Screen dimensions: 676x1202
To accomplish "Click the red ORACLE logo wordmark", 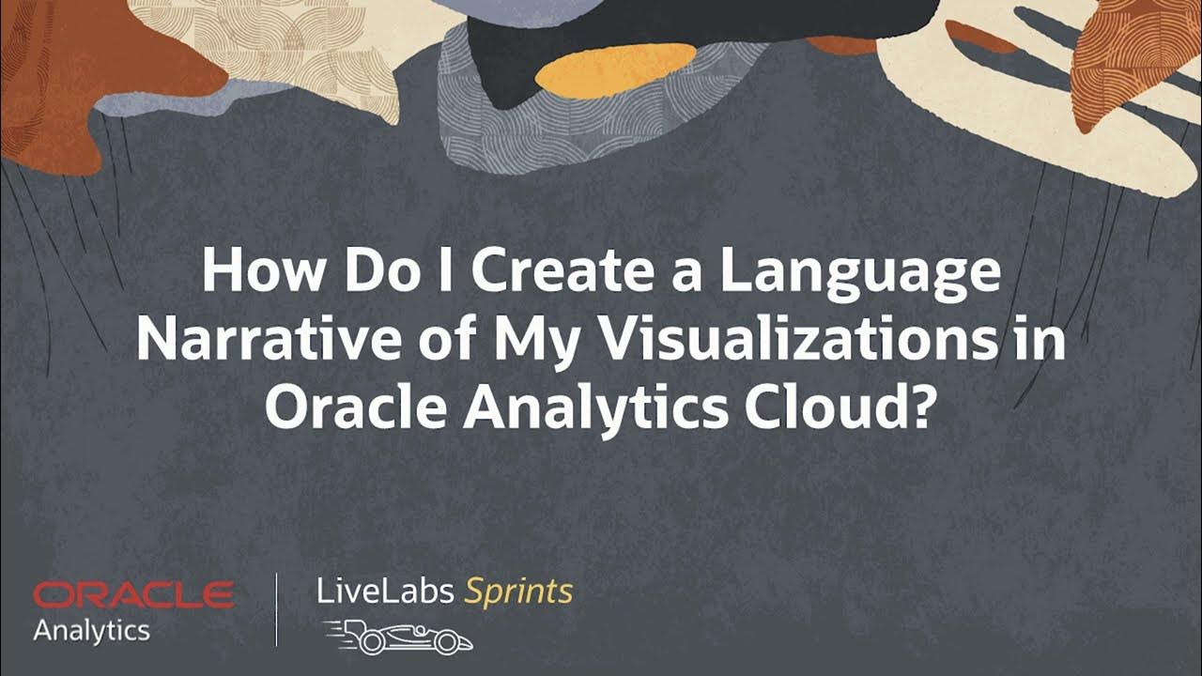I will pos(133,594).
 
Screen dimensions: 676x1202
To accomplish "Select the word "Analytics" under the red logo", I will pos(91,630).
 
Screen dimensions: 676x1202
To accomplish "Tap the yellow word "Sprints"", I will pos(519,591).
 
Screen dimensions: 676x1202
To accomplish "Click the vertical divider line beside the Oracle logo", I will pos(276,610).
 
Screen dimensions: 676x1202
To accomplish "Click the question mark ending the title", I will pos(920,408).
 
